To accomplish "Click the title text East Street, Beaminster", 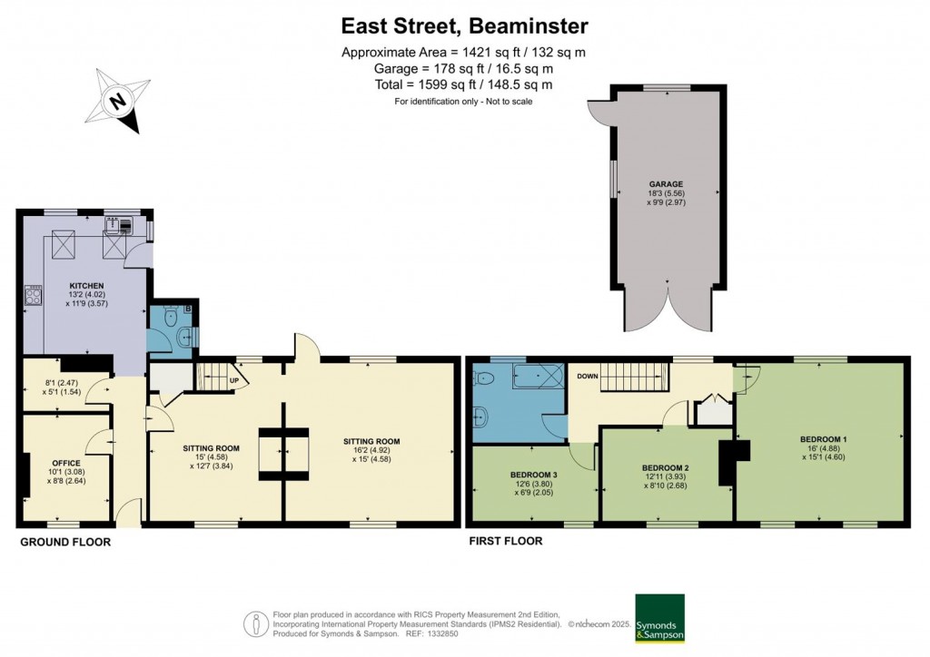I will click(x=464, y=25).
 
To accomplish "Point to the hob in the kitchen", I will click(x=35, y=294).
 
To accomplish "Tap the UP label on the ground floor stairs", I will click(x=234, y=380).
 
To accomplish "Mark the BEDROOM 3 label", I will click(x=533, y=473).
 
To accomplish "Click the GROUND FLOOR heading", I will click(x=65, y=542).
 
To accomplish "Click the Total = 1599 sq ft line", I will click(x=464, y=84).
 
